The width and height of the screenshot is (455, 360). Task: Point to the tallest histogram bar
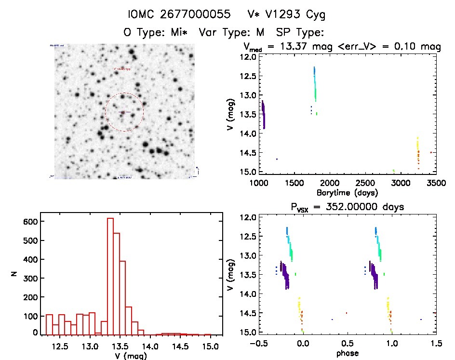(x=110, y=276)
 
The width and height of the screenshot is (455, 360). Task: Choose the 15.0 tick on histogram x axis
(x=210, y=346)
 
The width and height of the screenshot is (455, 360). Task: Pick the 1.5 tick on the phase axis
(x=436, y=343)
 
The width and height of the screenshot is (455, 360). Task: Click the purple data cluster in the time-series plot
(x=263, y=114)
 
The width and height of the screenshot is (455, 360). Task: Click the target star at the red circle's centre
(x=123, y=112)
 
